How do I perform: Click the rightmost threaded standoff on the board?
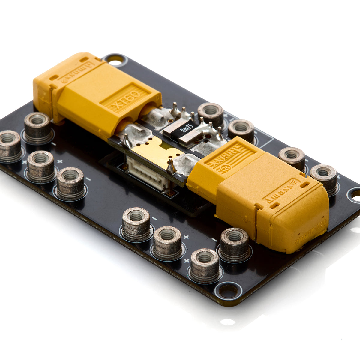323,178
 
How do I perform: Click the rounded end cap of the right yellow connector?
297,222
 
